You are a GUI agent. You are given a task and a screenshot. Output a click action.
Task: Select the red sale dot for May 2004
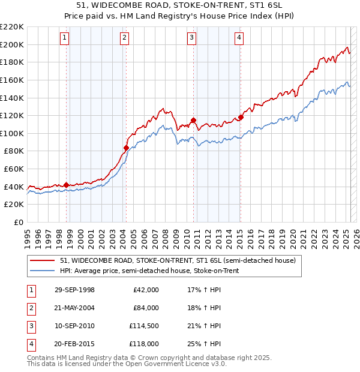126,148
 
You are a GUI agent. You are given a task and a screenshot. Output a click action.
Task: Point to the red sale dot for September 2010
193,120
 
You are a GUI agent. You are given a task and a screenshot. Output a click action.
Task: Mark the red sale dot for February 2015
241,117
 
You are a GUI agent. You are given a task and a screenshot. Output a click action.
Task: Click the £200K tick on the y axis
12,44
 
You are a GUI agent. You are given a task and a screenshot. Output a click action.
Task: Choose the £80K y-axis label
14,151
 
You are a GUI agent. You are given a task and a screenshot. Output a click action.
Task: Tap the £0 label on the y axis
19,223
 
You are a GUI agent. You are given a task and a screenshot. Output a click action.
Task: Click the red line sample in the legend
43,261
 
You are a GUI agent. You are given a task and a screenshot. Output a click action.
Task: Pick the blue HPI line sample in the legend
43,271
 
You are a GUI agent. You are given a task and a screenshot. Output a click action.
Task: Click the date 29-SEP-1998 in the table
74,290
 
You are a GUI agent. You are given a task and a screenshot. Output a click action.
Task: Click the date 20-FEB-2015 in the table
74,344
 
